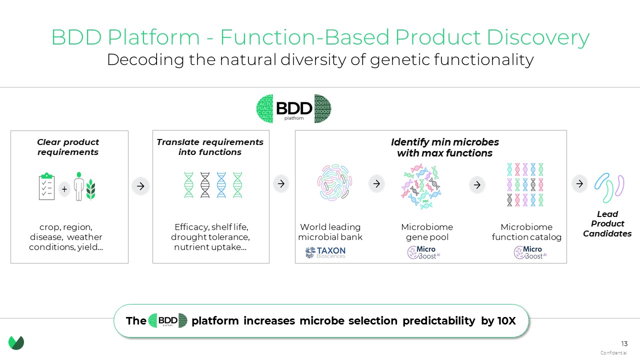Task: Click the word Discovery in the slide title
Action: [x=537, y=37]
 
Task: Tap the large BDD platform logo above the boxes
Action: [x=293, y=109]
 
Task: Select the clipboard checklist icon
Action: [x=46, y=186]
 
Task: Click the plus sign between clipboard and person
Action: [x=64, y=189]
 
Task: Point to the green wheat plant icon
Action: [x=90, y=189]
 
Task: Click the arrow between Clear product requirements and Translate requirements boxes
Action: [x=140, y=186]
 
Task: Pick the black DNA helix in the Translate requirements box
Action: [x=205, y=185]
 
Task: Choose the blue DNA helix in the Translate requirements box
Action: [x=221, y=185]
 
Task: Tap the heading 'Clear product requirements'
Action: [x=68, y=147]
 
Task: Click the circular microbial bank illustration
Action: [x=334, y=183]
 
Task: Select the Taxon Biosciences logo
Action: [x=325, y=252]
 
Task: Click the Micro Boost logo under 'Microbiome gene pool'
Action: [x=423, y=252]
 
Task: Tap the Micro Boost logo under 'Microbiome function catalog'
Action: [x=530, y=252]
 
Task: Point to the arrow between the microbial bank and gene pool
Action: [x=376, y=183]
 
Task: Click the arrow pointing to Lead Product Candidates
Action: [x=579, y=183]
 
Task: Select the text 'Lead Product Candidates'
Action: [x=607, y=223]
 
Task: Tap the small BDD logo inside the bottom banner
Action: [x=167, y=320]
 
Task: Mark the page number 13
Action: [x=624, y=343]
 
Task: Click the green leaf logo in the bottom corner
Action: [x=16, y=342]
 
